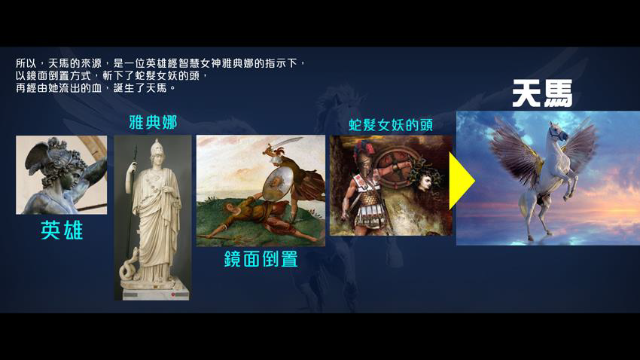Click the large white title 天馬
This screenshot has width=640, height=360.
tap(542, 93)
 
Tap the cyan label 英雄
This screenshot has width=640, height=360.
tap(62, 230)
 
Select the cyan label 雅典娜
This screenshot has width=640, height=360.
tap(153, 122)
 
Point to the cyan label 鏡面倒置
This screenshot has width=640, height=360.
tap(261, 259)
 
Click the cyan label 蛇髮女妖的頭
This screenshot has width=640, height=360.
tap(391, 125)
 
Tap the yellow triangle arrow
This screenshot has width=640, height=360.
tap(462, 181)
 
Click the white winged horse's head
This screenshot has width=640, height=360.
tap(557, 132)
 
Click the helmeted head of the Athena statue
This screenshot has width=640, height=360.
tap(157, 149)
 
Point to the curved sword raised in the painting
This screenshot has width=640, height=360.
tap(285, 143)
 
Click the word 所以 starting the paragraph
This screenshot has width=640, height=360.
tap(26, 64)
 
